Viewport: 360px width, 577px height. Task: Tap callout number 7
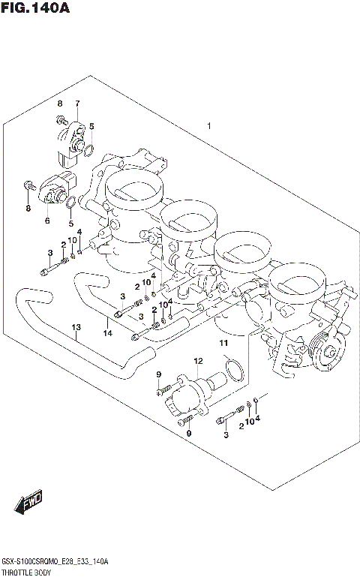(x=76, y=103)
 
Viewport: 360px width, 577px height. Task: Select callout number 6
(x=46, y=221)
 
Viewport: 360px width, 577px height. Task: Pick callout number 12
(x=198, y=362)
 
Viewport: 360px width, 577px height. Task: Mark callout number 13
(x=75, y=327)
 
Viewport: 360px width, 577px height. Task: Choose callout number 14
(x=107, y=332)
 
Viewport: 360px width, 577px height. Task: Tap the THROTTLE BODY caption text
(x=28, y=571)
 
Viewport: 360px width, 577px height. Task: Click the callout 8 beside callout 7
(x=58, y=103)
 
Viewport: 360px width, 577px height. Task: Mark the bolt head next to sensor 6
(x=28, y=184)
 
